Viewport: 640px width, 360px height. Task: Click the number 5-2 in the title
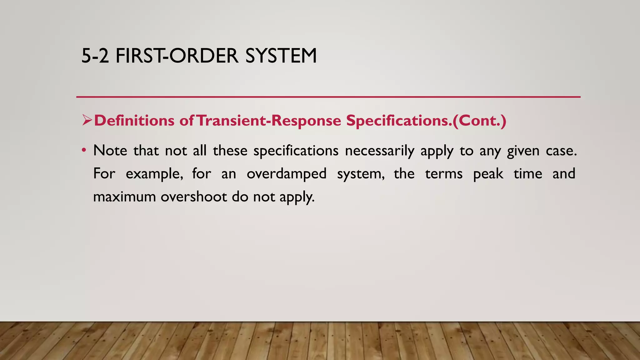[95, 56]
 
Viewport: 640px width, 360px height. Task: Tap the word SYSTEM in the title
[281, 56]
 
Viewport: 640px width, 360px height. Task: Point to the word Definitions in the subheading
[134, 121]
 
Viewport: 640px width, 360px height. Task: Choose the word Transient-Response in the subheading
[269, 121]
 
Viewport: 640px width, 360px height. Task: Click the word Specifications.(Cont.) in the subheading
[426, 121]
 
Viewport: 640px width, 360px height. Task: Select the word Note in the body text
[110, 151]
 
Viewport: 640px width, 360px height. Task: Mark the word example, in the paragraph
[154, 174]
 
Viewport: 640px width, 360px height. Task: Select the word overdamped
[287, 174]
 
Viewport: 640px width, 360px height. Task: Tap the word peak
[488, 174]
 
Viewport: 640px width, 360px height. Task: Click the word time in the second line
[528, 173]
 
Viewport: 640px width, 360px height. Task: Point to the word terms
[444, 174]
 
